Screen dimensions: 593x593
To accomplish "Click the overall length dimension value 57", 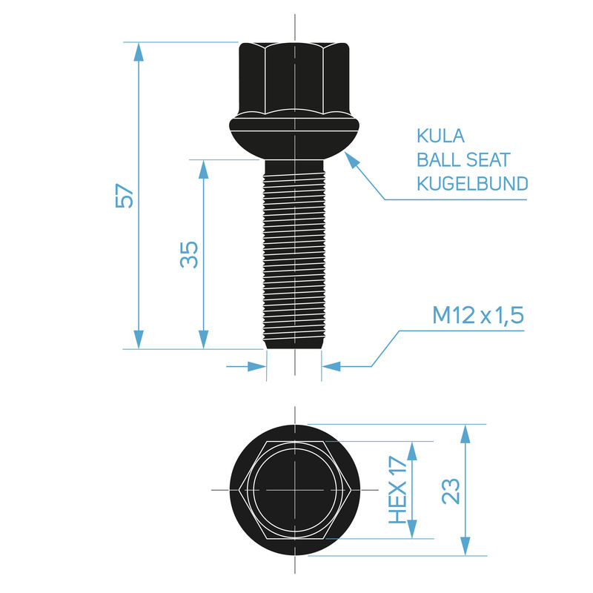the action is point(125,196).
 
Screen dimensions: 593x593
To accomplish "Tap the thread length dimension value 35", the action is point(189,254).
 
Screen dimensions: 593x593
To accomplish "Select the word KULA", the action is point(440,136).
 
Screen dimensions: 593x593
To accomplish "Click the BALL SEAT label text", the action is point(464,159).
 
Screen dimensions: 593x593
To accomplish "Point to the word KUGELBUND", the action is point(472,183).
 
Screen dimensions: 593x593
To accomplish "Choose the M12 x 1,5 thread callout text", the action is point(478,316).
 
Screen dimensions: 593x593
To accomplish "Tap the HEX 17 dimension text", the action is point(398,490).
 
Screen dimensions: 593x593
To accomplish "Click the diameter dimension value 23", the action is point(451,491).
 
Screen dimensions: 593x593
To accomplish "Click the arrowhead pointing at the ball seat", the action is point(351,159).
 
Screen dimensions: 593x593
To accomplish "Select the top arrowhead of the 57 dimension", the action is point(139,51).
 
